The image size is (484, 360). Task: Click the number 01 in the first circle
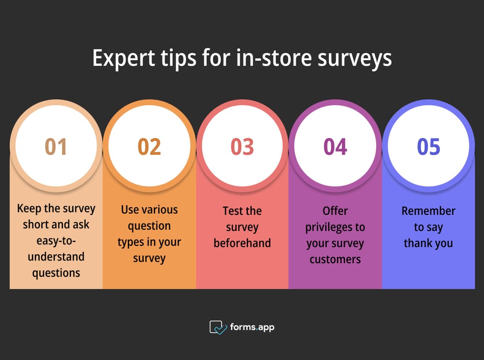pos(56,147)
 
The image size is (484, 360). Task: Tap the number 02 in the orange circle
pos(149,147)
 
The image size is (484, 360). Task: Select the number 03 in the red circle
pos(242,147)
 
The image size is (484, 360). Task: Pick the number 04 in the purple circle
pos(335,147)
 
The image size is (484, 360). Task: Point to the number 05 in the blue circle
pos(428,147)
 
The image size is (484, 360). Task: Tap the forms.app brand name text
pos(253,327)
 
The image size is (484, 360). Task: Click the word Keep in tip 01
pos(28,209)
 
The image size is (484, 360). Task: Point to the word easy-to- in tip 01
pos(56,240)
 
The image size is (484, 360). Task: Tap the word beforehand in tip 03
pos(242,243)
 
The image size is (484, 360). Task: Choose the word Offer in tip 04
pos(335,211)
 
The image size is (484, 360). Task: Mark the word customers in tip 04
pos(335,259)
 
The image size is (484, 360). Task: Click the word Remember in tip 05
pos(428,211)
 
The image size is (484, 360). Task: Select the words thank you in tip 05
pos(428,243)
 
